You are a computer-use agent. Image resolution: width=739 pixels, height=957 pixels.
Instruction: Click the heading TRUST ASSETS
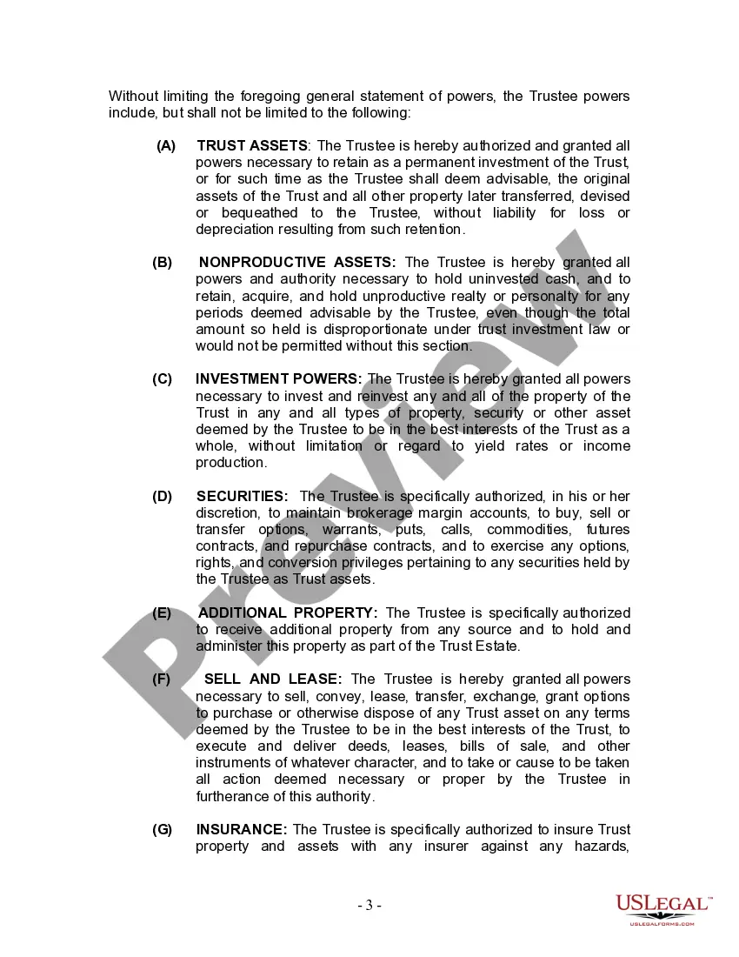click(x=252, y=145)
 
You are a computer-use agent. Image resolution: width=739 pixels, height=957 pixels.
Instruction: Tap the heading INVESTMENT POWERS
click(x=278, y=379)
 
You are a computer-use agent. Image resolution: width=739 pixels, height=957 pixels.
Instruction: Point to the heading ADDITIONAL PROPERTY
click(x=288, y=612)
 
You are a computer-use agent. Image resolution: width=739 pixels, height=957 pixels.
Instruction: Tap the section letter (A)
click(x=165, y=145)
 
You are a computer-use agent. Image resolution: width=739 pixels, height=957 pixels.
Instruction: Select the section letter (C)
click(x=163, y=379)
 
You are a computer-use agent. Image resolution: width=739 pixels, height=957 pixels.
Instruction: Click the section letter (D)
click(x=163, y=496)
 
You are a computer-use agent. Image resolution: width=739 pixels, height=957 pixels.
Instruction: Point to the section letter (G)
click(x=163, y=830)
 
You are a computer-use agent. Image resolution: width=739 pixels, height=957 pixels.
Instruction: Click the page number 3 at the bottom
click(x=369, y=906)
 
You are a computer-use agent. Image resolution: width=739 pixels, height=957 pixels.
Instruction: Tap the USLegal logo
click(x=662, y=910)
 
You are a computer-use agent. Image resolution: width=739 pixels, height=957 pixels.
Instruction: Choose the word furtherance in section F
click(x=236, y=796)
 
